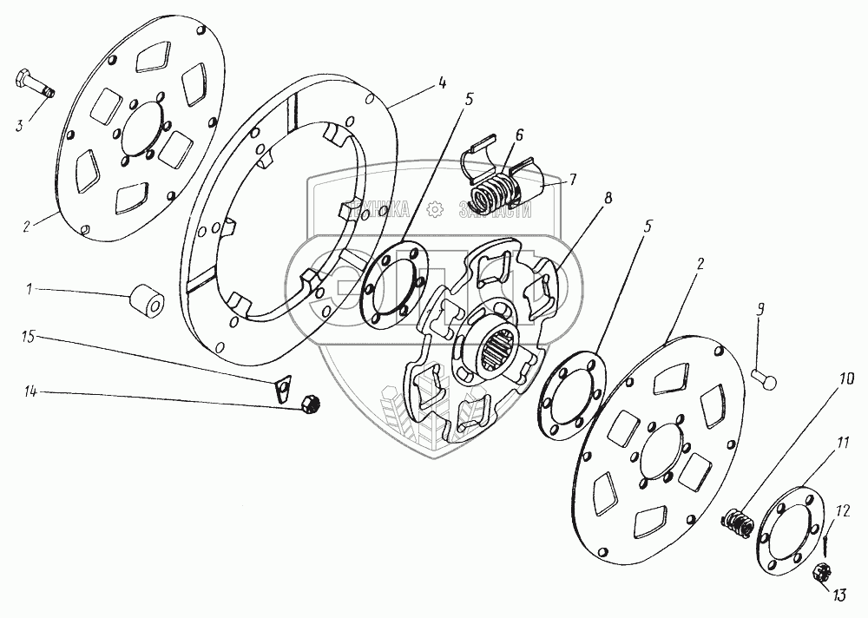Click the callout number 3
click(x=20, y=127)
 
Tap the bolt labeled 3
click(x=33, y=85)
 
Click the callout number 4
click(x=442, y=83)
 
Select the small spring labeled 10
click(x=738, y=523)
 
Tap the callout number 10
click(x=846, y=379)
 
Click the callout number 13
click(x=838, y=595)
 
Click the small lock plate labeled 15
click(x=281, y=387)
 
